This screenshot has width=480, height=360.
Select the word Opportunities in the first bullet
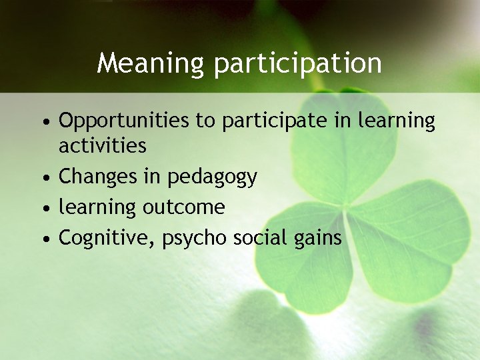point(124,121)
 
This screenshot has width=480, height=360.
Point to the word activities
point(102,145)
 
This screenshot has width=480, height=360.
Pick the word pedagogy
point(212,177)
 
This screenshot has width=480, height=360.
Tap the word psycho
point(195,239)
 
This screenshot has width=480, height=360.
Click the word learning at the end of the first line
point(396,121)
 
